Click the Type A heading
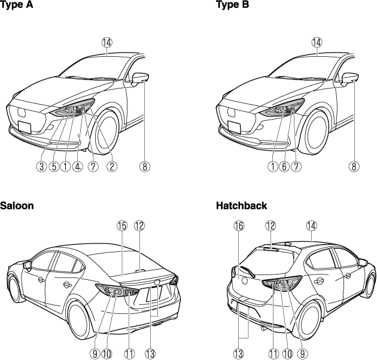(16, 5)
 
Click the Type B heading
(233, 5)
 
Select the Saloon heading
(17, 206)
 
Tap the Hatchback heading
(241, 206)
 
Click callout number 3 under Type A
(42, 166)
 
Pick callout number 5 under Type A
(54, 166)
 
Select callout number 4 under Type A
(78, 166)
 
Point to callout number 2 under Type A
(112, 166)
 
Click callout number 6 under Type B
(284, 166)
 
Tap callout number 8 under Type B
(354, 166)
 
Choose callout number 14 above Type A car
(107, 42)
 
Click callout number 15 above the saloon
(122, 225)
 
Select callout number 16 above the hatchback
(239, 225)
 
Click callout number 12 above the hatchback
(270, 225)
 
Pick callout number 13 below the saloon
(150, 354)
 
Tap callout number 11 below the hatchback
(273, 354)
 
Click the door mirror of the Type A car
(140, 79)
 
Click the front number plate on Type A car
(25, 127)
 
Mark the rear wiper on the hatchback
(247, 271)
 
